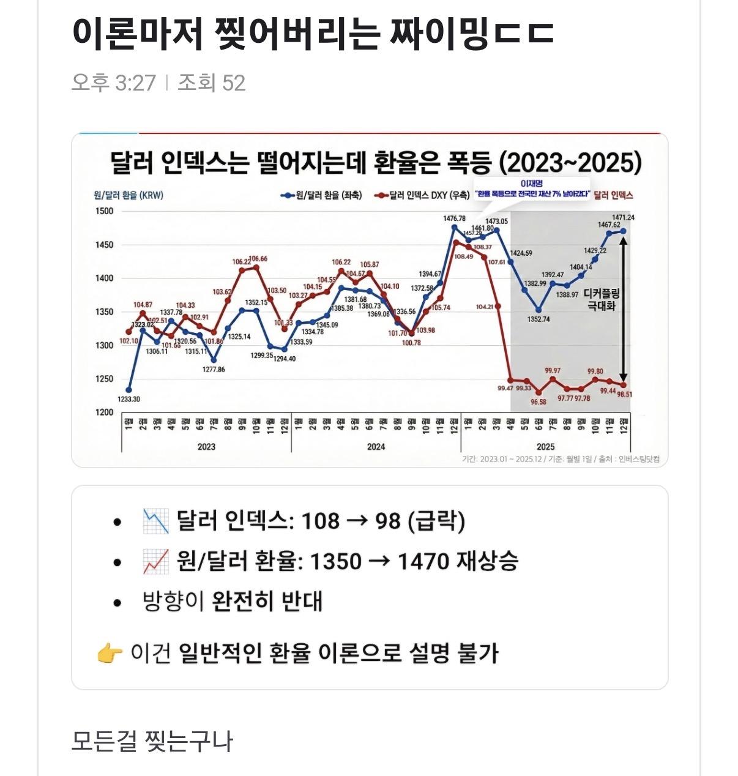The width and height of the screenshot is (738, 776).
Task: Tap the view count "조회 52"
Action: click(x=212, y=83)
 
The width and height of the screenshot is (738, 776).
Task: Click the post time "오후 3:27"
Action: click(x=114, y=83)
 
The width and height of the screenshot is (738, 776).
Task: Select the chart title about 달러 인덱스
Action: click(x=376, y=163)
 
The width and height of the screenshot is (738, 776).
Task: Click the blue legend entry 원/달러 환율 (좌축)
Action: click(x=321, y=195)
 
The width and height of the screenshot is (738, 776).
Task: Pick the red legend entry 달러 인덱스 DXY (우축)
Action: click(x=422, y=195)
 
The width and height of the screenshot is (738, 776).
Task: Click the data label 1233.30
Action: click(x=129, y=400)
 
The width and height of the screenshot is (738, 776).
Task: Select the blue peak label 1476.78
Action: click(x=454, y=218)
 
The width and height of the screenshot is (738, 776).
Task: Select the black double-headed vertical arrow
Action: click(x=624, y=308)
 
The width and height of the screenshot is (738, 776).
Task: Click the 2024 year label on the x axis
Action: click(x=376, y=447)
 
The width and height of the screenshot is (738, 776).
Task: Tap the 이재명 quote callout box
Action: click(x=531, y=189)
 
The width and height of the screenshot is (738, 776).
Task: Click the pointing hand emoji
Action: click(x=110, y=654)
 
